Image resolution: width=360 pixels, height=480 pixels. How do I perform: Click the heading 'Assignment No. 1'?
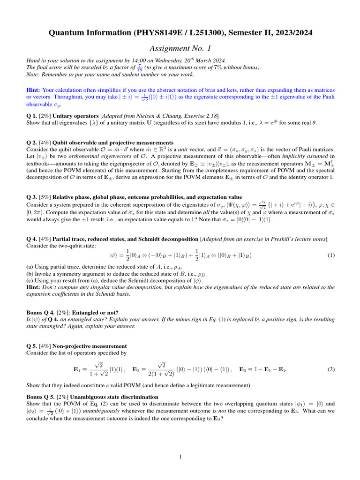coord(180,49)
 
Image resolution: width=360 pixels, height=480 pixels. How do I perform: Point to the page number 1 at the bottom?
coord(180,457)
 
